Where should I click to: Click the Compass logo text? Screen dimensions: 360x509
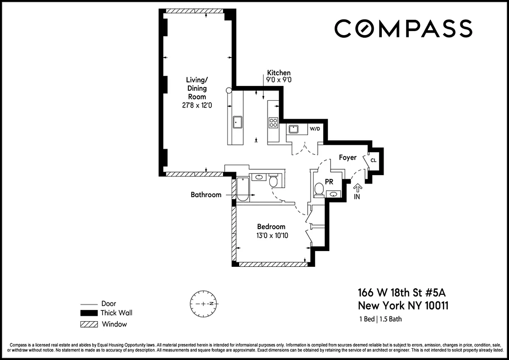coord(403,28)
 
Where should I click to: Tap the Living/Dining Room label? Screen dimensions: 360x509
coord(197,88)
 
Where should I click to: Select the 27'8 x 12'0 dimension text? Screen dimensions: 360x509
coord(197,105)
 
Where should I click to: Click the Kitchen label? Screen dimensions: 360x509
coord(279,72)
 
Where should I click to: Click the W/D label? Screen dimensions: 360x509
coord(315,129)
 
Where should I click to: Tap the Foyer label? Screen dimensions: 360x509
coord(348,157)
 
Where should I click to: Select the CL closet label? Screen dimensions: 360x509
coord(374,160)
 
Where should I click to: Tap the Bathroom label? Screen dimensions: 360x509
coord(206,195)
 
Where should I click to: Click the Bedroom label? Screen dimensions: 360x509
coord(271,226)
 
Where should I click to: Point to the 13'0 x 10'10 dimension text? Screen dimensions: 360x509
coord(271,235)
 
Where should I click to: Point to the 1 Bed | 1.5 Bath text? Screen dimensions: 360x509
coord(380,319)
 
